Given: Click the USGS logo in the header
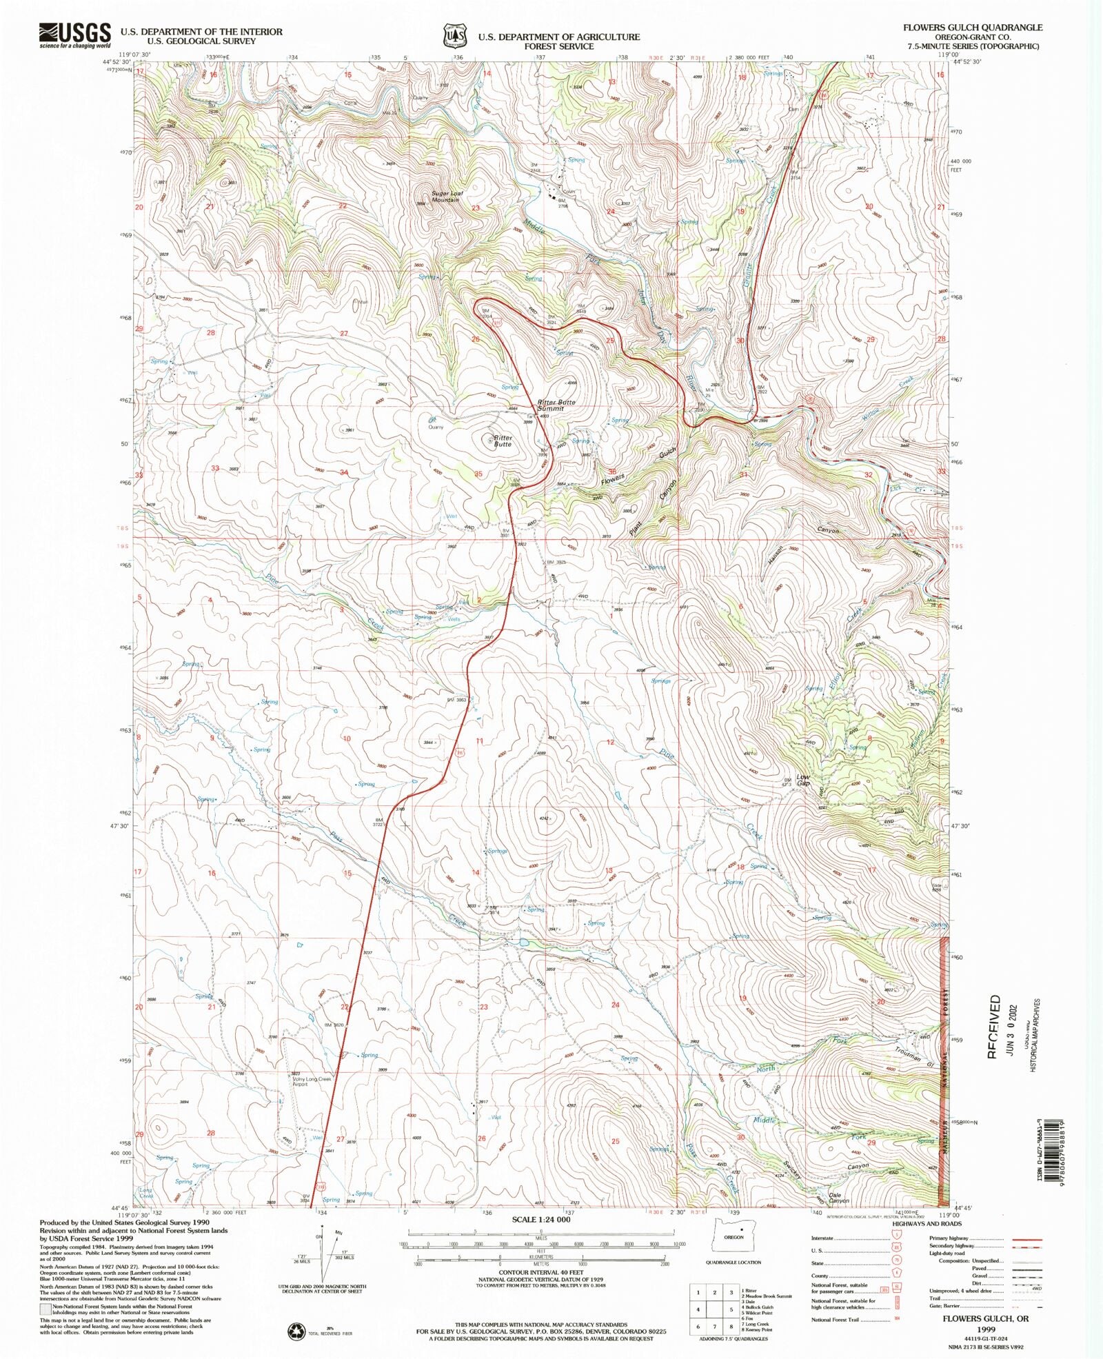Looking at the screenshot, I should (x=75, y=34).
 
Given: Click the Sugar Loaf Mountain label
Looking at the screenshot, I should (x=445, y=197).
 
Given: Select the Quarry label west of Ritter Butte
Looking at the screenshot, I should (x=436, y=427).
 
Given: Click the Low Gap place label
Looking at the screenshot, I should (x=803, y=780).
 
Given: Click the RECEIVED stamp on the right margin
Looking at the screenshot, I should (x=994, y=1026).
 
